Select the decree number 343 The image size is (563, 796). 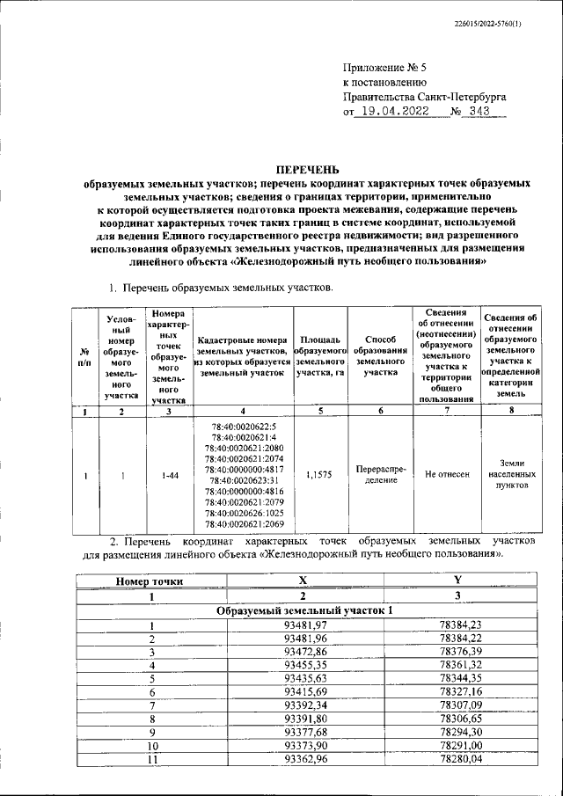(479, 112)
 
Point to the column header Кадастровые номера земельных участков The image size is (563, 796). (243, 356)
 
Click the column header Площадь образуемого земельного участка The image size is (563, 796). (320, 356)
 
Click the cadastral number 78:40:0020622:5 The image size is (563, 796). (244, 426)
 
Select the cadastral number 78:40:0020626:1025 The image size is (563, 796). (244, 513)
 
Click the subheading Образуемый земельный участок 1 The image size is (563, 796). (303, 610)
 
